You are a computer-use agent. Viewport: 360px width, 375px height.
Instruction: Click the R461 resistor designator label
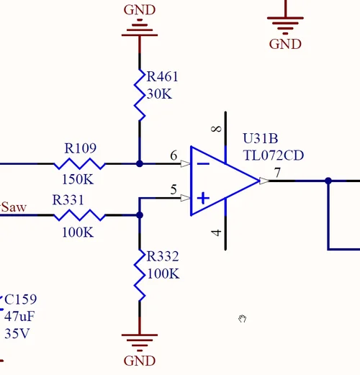(x=162, y=77)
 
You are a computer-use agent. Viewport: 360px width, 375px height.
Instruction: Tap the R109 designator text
(x=80, y=148)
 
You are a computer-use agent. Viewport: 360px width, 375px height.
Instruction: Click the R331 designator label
(x=69, y=199)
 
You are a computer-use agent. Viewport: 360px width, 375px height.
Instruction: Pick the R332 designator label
(x=162, y=257)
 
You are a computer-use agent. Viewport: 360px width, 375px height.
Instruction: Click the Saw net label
(x=14, y=208)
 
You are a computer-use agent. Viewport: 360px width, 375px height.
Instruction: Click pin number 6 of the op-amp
(x=174, y=155)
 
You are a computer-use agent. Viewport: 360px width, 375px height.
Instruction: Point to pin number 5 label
(x=173, y=190)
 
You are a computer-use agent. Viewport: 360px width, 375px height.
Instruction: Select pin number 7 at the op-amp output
(x=277, y=173)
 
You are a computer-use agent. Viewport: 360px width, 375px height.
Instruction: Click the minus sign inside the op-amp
(x=204, y=163)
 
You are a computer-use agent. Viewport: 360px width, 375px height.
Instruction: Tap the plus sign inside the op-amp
(x=204, y=196)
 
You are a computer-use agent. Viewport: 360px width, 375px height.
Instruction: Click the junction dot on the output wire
(x=328, y=181)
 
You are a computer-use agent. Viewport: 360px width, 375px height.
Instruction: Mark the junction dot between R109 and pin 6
(x=140, y=164)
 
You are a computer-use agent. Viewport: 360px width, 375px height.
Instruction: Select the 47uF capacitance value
(x=20, y=317)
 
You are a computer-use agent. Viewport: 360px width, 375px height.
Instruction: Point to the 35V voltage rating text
(x=17, y=334)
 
